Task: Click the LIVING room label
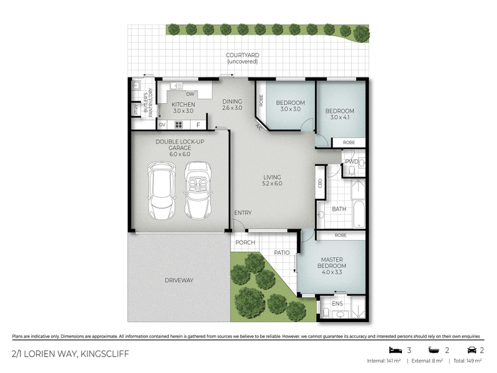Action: (x=272, y=180)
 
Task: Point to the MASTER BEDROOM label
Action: (x=334, y=262)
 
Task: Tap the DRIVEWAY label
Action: (x=179, y=280)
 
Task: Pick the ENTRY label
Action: (x=243, y=213)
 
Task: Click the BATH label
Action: (x=339, y=210)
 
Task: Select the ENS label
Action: (x=337, y=303)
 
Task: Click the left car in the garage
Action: (x=161, y=191)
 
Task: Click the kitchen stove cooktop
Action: (x=179, y=124)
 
